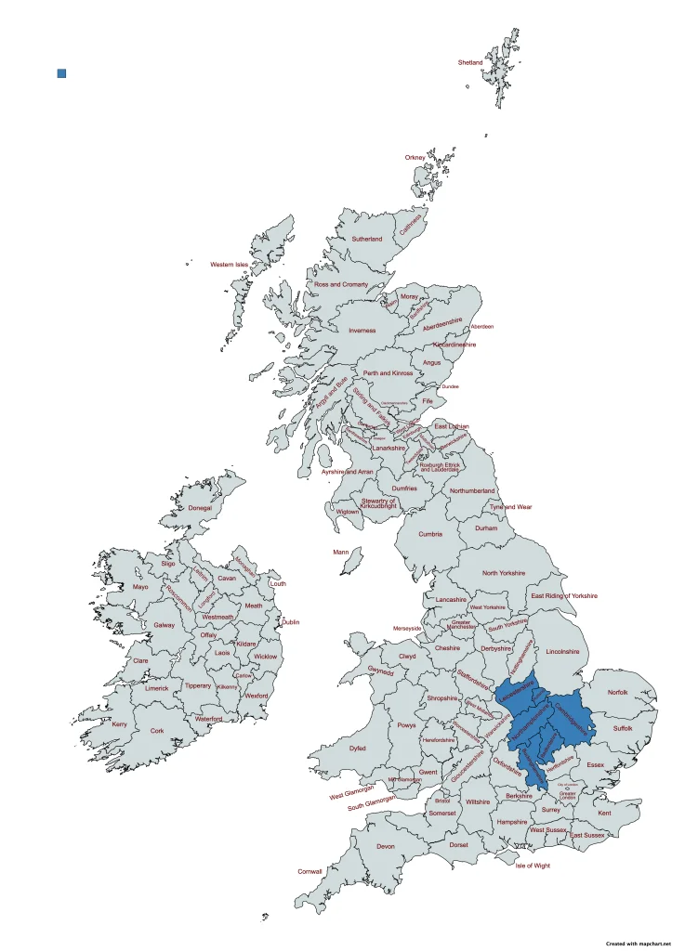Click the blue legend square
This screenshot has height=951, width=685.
click(61, 72)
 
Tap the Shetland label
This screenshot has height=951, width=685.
click(470, 62)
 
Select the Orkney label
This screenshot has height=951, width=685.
click(415, 158)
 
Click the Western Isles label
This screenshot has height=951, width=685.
click(229, 265)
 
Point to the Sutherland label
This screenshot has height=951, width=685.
click(366, 239)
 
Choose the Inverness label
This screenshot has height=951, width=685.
click(362, 330)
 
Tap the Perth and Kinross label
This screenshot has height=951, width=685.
click(388, 373)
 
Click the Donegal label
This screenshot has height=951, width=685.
click(200, 508)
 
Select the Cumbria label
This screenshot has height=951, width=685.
click(430, 534)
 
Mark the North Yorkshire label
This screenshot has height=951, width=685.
click(504, 572)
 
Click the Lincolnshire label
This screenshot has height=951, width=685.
click(562, 651)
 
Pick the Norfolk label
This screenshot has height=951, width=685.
click(618, 692)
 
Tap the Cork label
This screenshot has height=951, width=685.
click(157, 731)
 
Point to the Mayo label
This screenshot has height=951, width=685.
click(140, 587)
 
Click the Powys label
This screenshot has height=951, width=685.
click(406, 725)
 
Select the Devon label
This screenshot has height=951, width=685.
click(386, 846)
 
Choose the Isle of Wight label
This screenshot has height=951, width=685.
click(533, 866)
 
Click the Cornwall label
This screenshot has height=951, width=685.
click(310, 871)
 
